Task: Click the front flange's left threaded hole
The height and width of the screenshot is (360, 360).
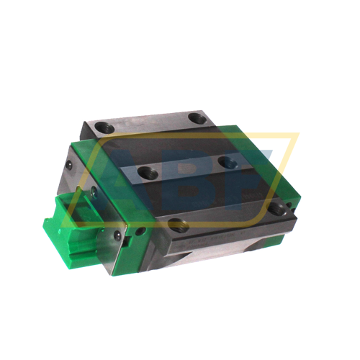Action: click(x=176, y=225)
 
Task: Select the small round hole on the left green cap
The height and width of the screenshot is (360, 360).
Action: click(x=140, y=232)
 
